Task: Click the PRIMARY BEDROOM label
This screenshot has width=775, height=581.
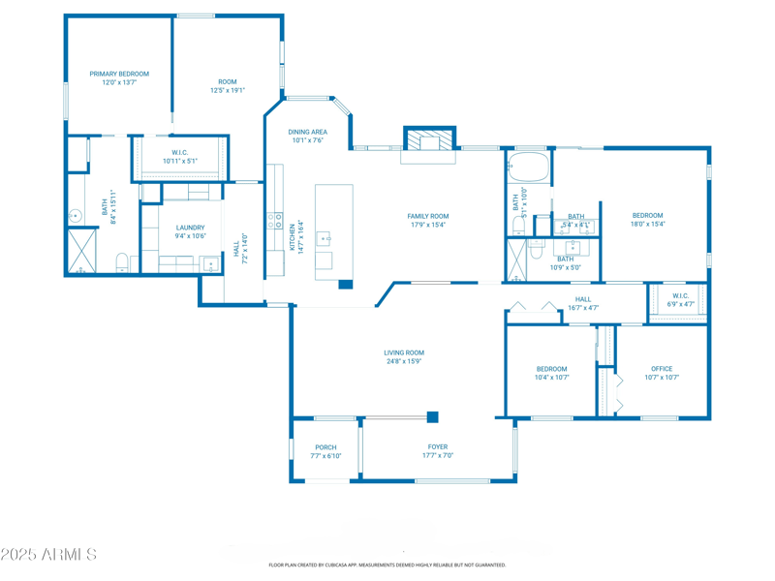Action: [x=119, y=74]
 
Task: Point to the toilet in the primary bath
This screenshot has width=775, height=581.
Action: [x=122, y=261]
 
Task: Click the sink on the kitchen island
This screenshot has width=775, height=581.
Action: [x=325, y=237]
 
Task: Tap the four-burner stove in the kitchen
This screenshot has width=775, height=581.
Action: [x=275, y=221]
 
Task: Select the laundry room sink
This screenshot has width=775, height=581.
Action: [x=210, y=263]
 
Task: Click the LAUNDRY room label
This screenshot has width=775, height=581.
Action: [x=190, y=228]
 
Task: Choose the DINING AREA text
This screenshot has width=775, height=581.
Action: [x=307, y=132]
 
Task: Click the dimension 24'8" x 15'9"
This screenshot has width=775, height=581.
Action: [x=404, y=361]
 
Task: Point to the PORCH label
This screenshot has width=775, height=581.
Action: [x=325, y=447]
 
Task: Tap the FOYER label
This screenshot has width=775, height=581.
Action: [x=438, y=447]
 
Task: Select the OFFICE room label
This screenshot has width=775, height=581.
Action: [x=662, y=369]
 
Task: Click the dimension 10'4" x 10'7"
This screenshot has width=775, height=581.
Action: [x=552, y=378]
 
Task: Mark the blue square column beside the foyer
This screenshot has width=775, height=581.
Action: [x=433, y=417]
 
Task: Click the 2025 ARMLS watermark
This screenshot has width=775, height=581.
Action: [x=48, y=555]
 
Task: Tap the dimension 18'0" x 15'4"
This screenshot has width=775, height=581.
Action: [x=648, y=224]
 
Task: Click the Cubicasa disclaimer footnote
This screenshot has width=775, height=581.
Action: [x=387, y=565]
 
